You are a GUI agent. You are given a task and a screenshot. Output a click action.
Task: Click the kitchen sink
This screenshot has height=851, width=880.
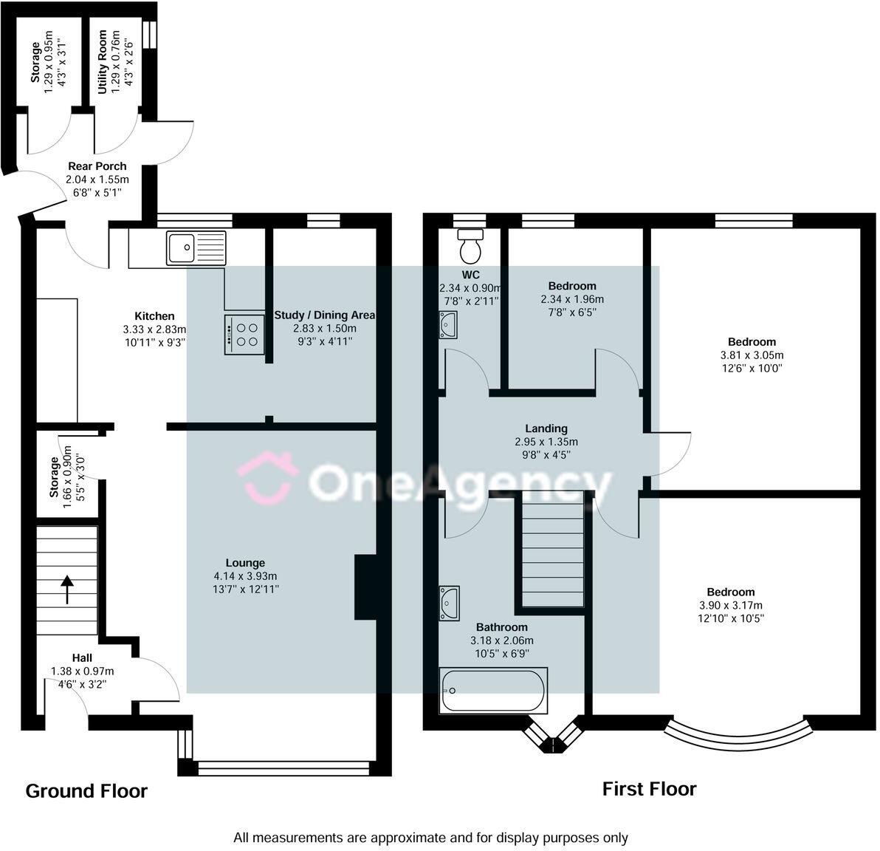(196, 247)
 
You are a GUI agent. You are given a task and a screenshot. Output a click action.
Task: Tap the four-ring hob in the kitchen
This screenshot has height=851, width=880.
(244, 335)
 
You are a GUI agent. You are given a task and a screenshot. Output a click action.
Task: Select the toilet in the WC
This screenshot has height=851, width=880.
(470, 246)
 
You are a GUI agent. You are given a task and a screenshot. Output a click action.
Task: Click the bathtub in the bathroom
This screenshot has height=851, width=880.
(492, 691)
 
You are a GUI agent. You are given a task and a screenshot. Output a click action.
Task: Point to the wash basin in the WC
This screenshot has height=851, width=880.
(448, 325)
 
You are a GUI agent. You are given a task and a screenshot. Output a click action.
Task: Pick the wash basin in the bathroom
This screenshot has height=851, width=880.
(449, 603)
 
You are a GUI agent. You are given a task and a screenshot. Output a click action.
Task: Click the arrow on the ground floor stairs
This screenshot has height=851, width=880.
(66, 589)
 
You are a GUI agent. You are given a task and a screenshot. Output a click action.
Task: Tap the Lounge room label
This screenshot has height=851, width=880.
(245, 563)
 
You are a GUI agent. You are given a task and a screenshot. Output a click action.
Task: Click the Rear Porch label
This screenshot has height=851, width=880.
(97, 166)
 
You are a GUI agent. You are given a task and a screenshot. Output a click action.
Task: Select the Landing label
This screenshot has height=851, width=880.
(546, 428)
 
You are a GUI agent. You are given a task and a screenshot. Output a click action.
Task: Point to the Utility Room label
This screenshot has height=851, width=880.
(102, 62)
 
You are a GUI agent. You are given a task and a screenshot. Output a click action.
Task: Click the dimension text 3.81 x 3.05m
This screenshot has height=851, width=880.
(752, 355)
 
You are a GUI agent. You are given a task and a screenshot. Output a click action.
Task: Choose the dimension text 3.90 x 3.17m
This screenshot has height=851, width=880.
(731, 605)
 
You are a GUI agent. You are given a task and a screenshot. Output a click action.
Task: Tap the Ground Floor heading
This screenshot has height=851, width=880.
(86, 791)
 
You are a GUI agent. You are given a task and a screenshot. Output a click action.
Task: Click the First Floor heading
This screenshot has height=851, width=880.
(650, 789)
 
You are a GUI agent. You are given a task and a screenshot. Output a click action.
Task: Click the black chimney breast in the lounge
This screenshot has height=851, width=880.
(365, 587)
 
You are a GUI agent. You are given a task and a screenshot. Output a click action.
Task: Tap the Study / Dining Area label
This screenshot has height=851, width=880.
(324, 315)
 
